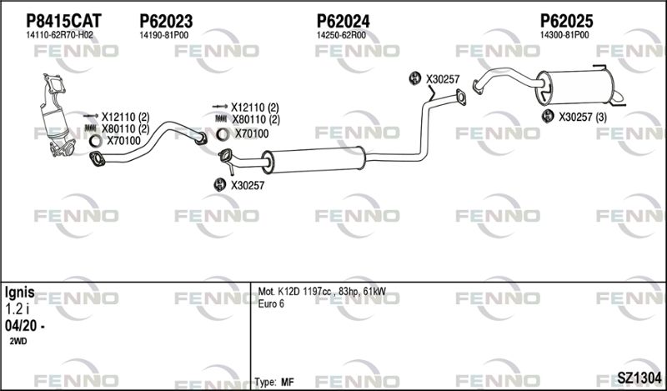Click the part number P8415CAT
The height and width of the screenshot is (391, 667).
pos(64,21)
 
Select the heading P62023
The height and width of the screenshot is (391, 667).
pos(166,21)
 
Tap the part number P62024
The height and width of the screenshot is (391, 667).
pos(343,21)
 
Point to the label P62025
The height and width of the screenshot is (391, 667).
pos(567,21)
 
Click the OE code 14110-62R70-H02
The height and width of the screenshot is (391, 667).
pos(59,35)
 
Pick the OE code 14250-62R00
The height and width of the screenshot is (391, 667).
pos(341,35)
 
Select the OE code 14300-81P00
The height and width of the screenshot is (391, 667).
pos(564,35)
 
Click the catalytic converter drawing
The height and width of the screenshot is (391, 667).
pos(57,116)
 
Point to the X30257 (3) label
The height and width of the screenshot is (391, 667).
pos(582,117)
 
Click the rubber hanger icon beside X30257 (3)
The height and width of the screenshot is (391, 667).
pos(548,116)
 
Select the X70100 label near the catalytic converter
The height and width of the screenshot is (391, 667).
pos(123,141)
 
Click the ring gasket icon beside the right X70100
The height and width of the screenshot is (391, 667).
pos(223,134)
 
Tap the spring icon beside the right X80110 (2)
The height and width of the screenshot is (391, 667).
pos(221,119)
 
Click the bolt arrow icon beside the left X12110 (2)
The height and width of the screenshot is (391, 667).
pos(91,116)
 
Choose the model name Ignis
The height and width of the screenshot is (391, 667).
pos(19,293)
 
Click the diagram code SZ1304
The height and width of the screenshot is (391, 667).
pos(639,378)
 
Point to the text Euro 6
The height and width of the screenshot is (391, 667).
pos(271,303)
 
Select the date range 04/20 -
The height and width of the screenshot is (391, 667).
pos(25,326)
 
